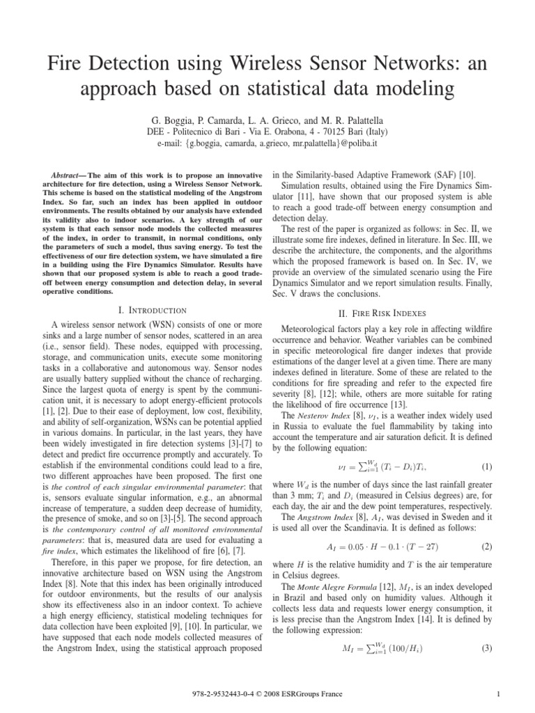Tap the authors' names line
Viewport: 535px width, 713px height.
(267, 119)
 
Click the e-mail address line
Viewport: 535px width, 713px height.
(267, 143)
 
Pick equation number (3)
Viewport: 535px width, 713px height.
(486, 649)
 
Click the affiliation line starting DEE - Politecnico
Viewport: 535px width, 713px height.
(267, 132)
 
